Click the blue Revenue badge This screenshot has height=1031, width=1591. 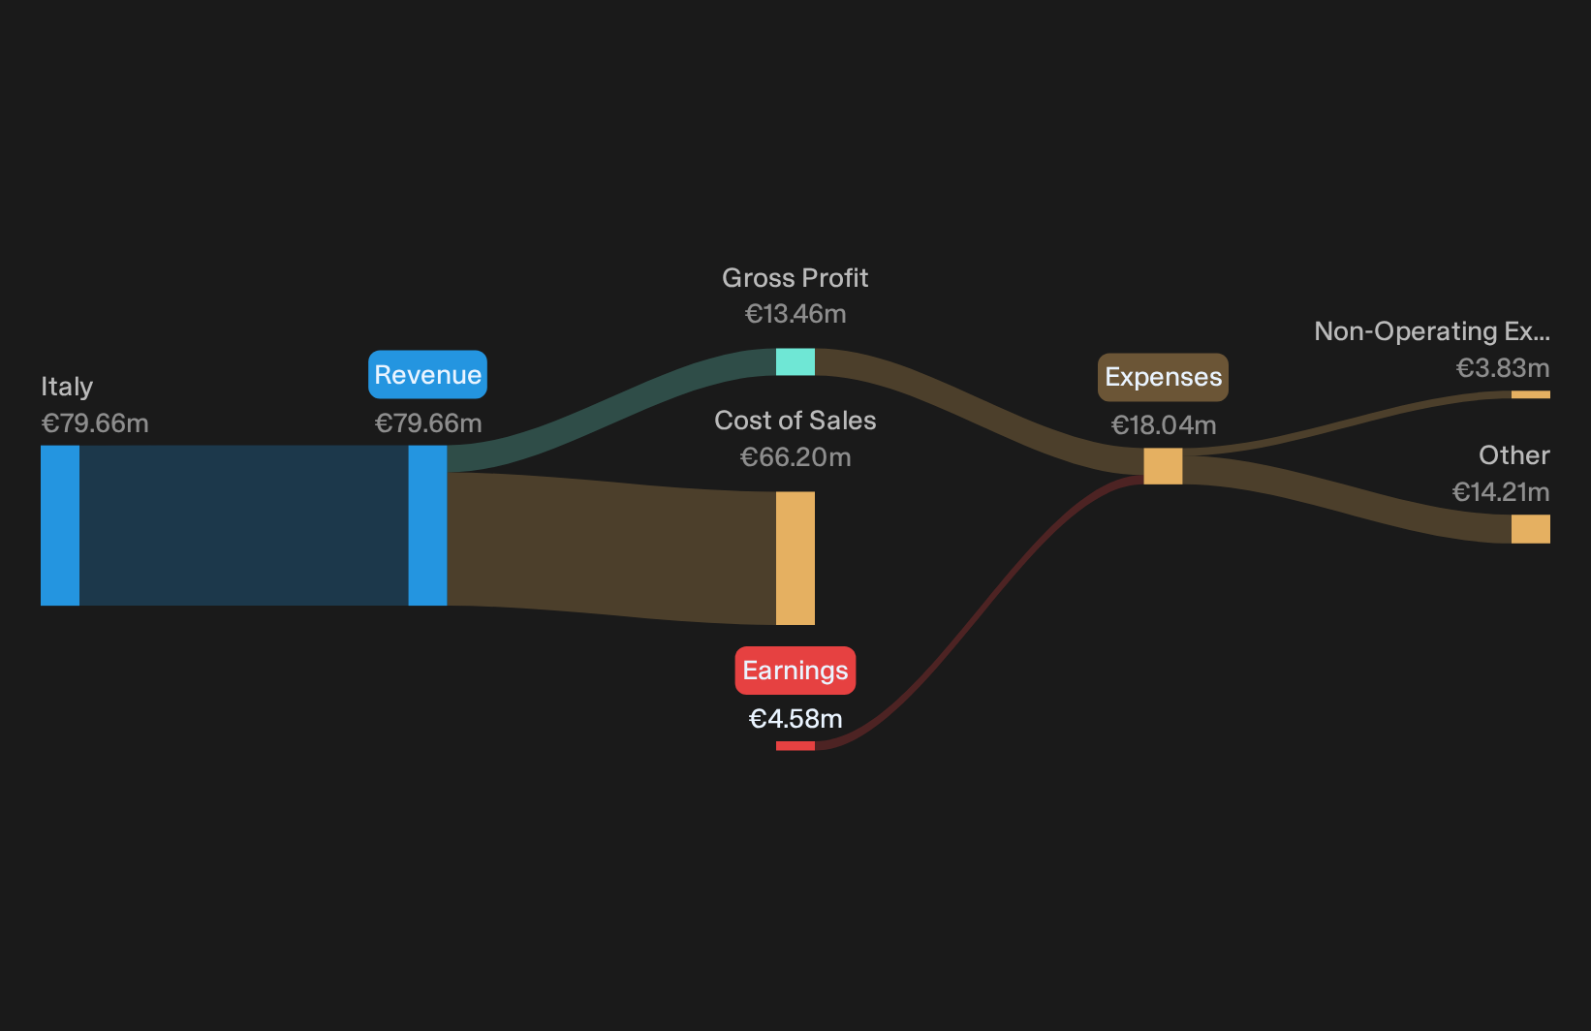tap(427, 374)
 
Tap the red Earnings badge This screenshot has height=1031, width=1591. tap(795, 670)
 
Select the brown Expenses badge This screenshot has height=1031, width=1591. tap(1163, 377)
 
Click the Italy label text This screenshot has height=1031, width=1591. tap(67, 387)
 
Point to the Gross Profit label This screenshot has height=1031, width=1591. tap(795, 278)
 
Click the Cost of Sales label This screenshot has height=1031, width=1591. tap(795, 421)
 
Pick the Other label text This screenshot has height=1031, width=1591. tap(1514, 455)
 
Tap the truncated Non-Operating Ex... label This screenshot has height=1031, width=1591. tap(1432, 331)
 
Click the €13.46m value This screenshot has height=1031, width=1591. tap(795, 314)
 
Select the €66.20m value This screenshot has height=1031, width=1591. tap(795, 457)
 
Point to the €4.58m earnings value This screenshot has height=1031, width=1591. tap(795, 719)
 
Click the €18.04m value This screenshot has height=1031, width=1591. tap(1164, 425)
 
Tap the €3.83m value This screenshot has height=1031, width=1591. tap(1503, 368)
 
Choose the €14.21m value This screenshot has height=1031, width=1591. tap(1501, 491)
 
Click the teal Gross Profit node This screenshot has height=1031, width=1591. tap(795, 361)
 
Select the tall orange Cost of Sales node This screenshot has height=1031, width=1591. tap(795, 558)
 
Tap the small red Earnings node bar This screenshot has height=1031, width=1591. tap(795, 746)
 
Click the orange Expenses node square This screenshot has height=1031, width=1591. tap(1164, 466)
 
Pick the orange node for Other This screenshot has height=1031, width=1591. tap(1531, 529)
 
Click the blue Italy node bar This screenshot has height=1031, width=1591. tap(60, 526)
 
